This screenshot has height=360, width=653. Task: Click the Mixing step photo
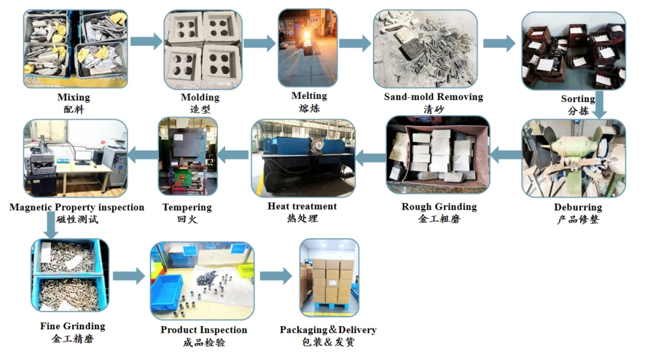[75, 48]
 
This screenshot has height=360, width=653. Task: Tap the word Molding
[200, 98]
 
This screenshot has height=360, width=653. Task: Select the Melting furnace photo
[308, 48]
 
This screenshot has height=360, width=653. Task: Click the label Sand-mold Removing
[434, 97]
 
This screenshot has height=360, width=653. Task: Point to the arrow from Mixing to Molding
[146, 41]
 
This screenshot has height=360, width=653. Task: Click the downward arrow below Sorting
[599, 105]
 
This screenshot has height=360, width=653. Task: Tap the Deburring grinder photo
[573, 158]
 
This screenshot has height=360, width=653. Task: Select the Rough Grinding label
[439, 207]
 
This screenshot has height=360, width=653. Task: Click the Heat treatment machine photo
[303, 158]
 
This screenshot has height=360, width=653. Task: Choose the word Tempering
[187, 207]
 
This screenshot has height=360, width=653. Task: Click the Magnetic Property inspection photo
[75, 158]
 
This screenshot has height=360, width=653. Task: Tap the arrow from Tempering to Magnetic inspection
[143, 155]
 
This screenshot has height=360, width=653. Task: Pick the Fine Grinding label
[73, 326]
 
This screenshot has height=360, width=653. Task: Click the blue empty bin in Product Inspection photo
[167, 292]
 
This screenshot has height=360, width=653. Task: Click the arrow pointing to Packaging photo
[275, 276]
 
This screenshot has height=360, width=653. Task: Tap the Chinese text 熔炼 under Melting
[309, 109]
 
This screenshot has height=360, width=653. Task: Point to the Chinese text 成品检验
[204, 342]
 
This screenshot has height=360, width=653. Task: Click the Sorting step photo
[573, 50]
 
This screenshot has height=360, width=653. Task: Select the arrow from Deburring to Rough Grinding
[506, 155]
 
